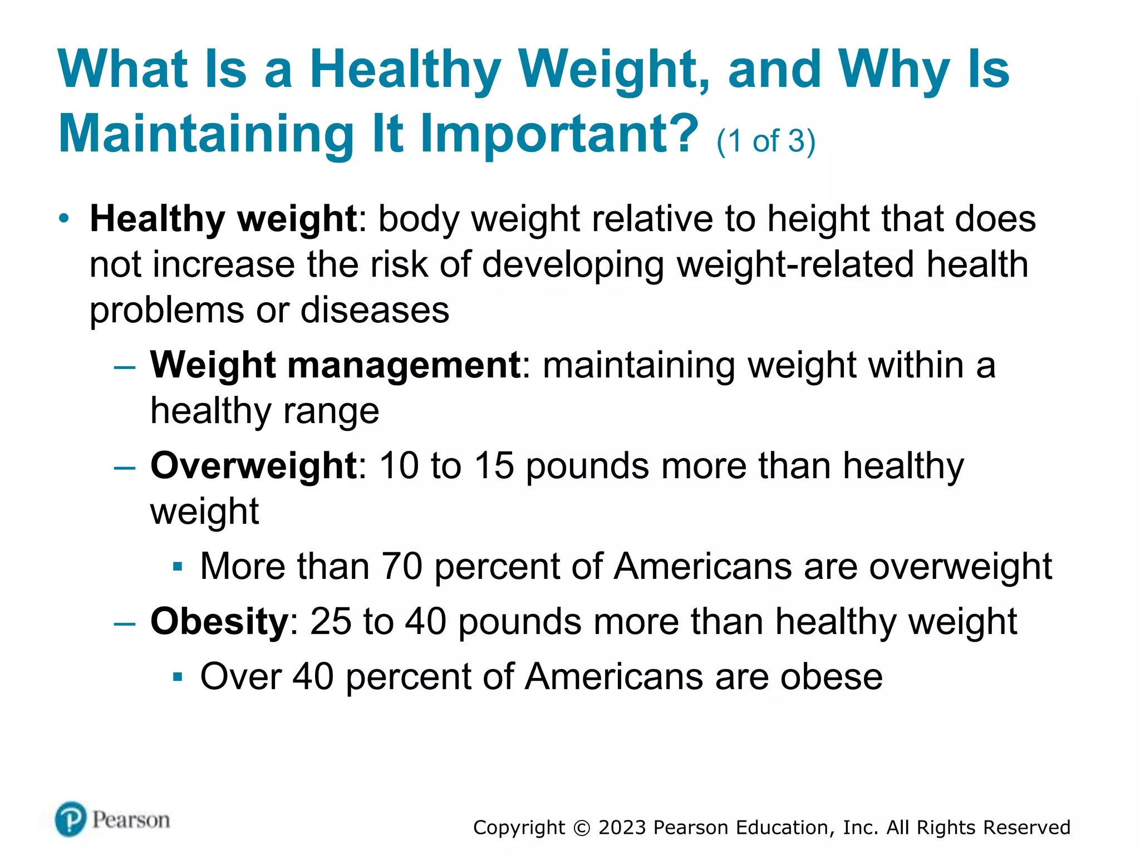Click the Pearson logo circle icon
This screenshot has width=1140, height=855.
[71, 819]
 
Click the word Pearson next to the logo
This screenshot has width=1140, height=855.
[131, 820]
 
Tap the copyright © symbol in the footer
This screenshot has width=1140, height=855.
[581, 828]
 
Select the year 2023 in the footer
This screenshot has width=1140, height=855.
[622, 828]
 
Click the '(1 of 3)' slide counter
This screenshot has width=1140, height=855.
[766, 141]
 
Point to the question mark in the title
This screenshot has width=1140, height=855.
[682, 134]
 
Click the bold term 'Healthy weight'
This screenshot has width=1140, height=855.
[223, 219]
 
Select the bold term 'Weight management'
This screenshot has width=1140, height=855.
[336, 365]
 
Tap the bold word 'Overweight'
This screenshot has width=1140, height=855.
[254, 465]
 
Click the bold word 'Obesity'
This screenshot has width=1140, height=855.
[219, 621]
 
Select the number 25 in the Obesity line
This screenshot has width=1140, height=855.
[331, 621]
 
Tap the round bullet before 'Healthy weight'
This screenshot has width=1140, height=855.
[65, 218]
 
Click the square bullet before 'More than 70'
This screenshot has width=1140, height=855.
[178, 567]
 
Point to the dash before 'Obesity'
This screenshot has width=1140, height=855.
[125, 623]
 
